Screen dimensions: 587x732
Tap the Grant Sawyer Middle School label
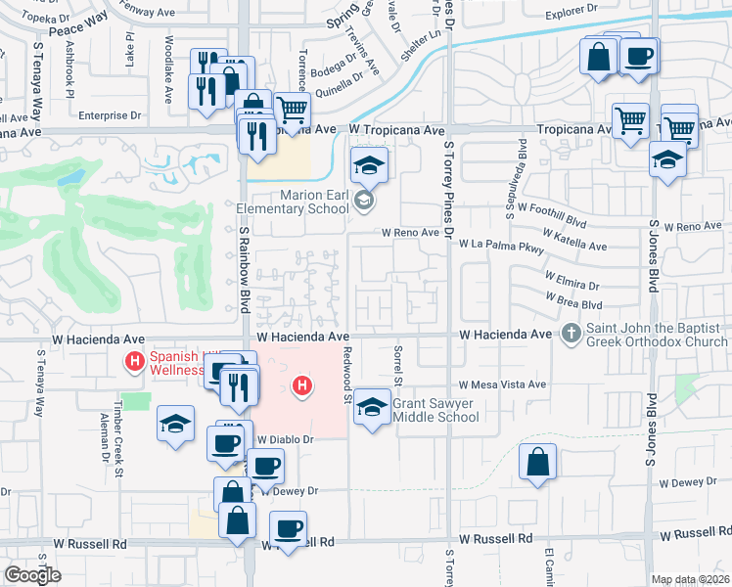pyautogui.click(x=435, y=410)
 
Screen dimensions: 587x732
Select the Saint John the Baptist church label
pyautogui.click(x=656, y=335)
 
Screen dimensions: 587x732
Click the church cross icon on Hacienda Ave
pyautogui.click(x=573, y=335)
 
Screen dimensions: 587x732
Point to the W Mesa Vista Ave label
pyautogui.click(x=508, y=384)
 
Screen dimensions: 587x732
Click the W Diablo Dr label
pyautogui.click(x=284, y=439)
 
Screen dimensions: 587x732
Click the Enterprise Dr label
pyautogui.click(x=110, y=115)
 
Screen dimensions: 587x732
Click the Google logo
pyautogui.click(x=32, y=575)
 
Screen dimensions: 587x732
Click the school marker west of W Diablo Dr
pyautogui.click(x=175, y=426)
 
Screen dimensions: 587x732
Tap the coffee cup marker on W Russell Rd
pyautogui.click(x=288, y=529)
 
